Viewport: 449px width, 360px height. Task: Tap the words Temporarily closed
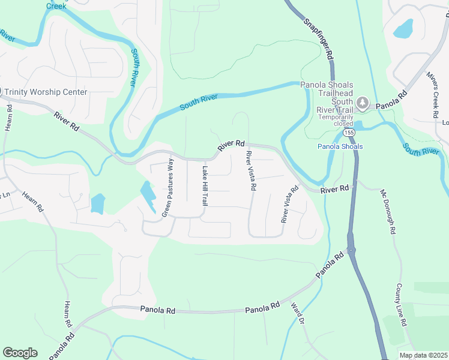click(x=336, y=121)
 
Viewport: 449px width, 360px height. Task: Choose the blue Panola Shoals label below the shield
click(x=340, y=146)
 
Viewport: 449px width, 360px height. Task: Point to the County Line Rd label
click(x=401, y=305)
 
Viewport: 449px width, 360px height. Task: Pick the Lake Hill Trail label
click(x=204, y=186)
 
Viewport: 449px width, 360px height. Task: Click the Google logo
click(x=20, y=353)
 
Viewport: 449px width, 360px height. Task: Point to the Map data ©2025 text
click(x=424, y=355)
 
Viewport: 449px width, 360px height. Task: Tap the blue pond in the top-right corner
click(x=403, y=29)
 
